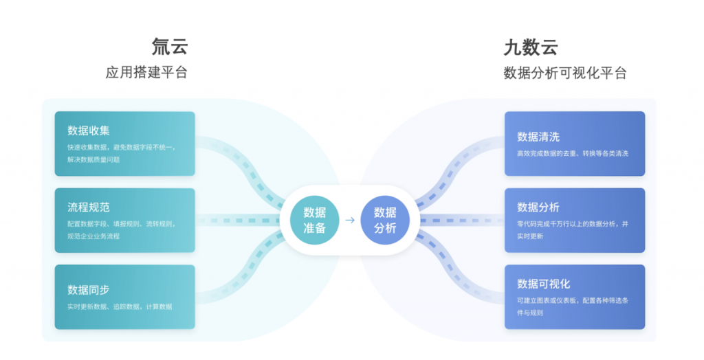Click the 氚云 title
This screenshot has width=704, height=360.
click(x=170, y=47)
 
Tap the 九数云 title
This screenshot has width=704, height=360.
click(x=530, y=47)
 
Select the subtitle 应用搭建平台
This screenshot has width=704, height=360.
click(x=146, y=73)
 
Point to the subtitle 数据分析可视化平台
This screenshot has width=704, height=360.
click(x=564, y=73)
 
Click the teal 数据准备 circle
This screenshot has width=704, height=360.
click(x=315, y=220)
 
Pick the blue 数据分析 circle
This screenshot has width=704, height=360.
click(x=385, y=220)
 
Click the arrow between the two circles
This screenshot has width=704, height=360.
click(x=350, y=220)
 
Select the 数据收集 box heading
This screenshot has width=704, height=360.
click(x=89, y=131)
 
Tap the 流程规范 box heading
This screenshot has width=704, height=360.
click(x=89, y=207)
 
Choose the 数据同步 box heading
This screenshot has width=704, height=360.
click(x=89, y=289)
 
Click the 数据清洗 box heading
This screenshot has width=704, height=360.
click(x=538, y=136)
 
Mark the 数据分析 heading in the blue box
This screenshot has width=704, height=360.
click(x=538, y=207)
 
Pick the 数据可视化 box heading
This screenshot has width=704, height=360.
click(x=544, y=284)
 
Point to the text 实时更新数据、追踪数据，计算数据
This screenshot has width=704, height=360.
click(x=120, y=306)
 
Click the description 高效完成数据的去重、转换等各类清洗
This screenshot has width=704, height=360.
click(x=573, y=153)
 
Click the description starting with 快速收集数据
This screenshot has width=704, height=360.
click(x=121, y=153)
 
